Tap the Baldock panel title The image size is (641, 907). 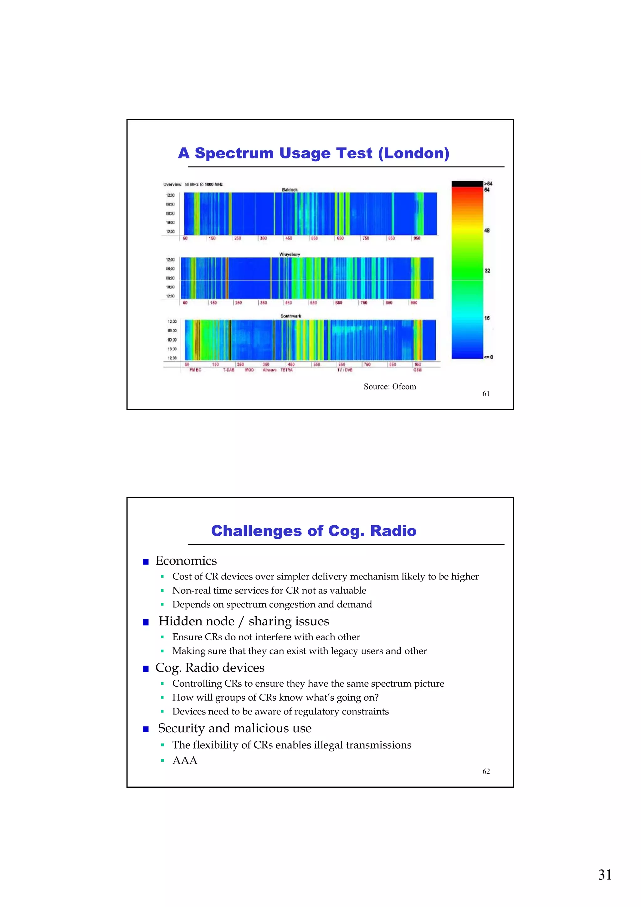click(290, 190)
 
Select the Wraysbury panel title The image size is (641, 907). click(290, 255)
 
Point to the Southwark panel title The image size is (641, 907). click(291, 316)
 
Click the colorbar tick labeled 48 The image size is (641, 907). click(487, 230)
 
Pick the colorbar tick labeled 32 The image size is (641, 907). click(487, 271)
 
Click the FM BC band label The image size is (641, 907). click(195, 370)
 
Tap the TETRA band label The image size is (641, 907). click(286, 370)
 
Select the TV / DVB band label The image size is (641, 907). click(344, 370)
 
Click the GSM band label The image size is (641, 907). click(417, 370)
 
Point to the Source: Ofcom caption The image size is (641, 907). click(389, 387)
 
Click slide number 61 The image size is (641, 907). click(486, 394)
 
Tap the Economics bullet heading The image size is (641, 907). click(186, 561)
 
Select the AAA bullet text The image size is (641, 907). click(184, 760)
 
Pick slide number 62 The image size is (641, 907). click(486, 771)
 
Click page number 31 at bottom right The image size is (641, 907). click(604, 875)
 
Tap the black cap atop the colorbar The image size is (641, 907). click(467, 184)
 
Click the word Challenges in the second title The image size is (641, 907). click(256, 531)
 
